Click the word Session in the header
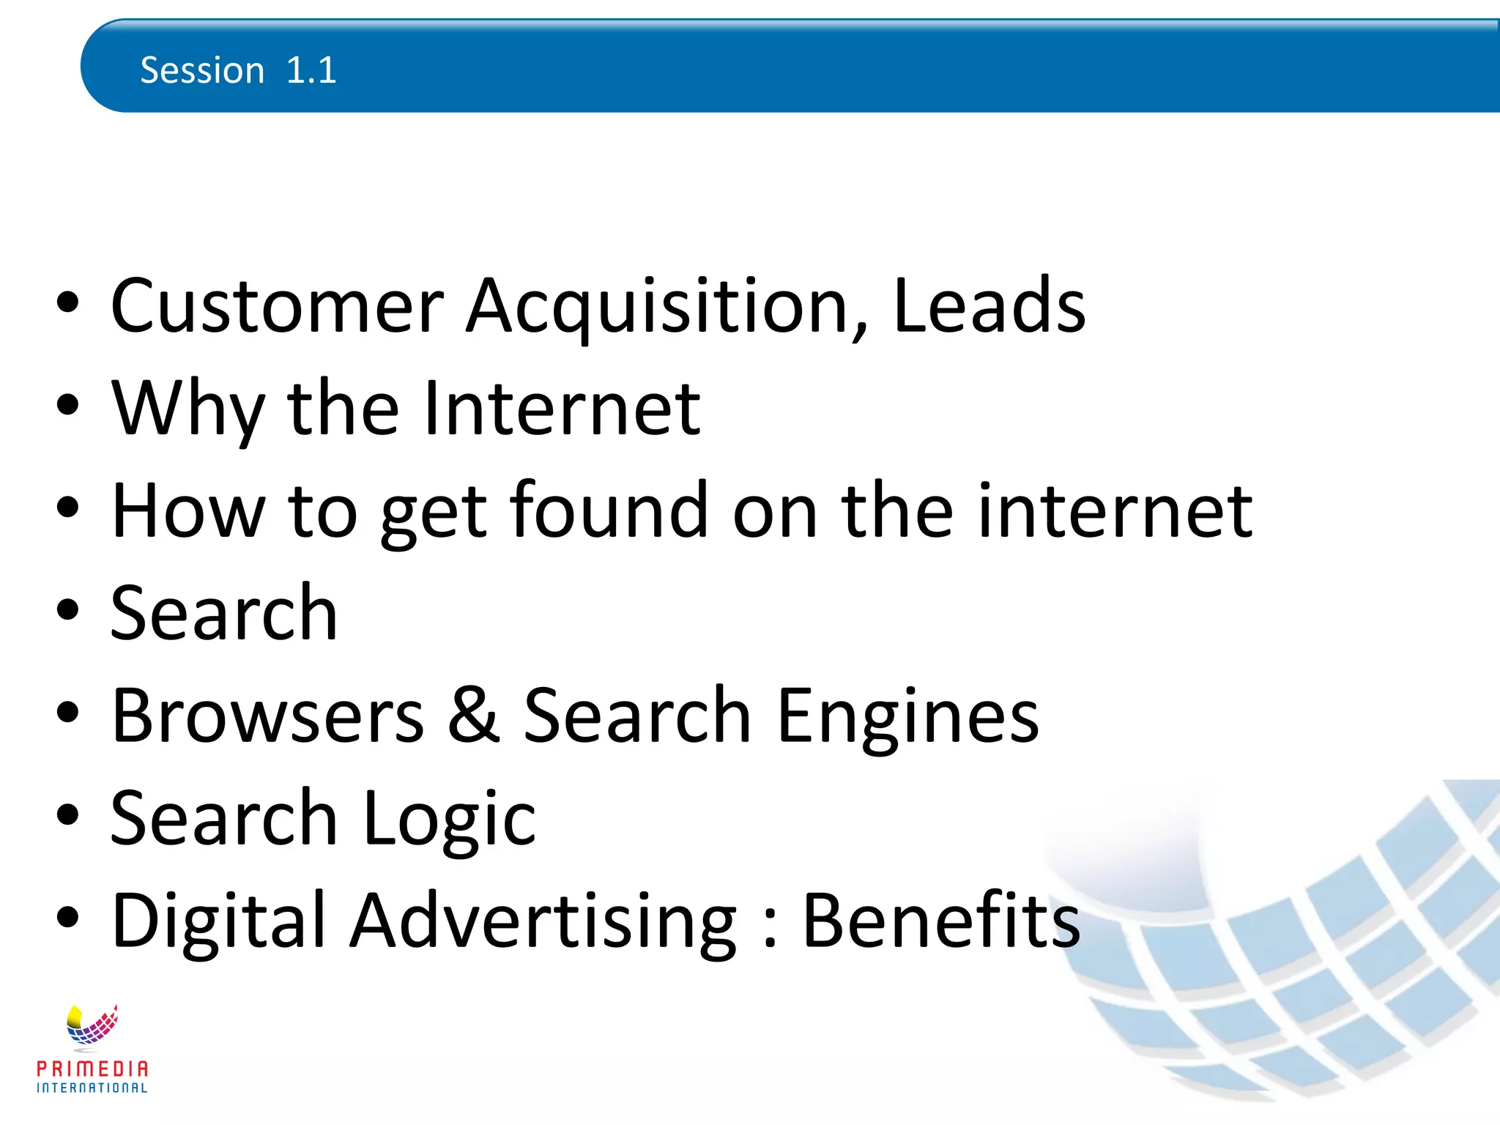tap(202, 71)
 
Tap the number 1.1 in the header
tap(311, 71)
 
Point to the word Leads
tap(989, 305)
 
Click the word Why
tap(187, 409)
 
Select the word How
tap(187, 510)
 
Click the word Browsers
tap(267, 716)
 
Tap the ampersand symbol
tap(474, 716)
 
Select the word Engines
tap(907, 716)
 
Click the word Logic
tap(449, 818)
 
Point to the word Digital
tap(218, 921)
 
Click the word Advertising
tap(543, 921)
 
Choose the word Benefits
tap(941, 921)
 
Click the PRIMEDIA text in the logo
tap(92, 1069)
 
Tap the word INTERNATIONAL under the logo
tap(92, 1088)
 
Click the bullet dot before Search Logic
tap(67, 814)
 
